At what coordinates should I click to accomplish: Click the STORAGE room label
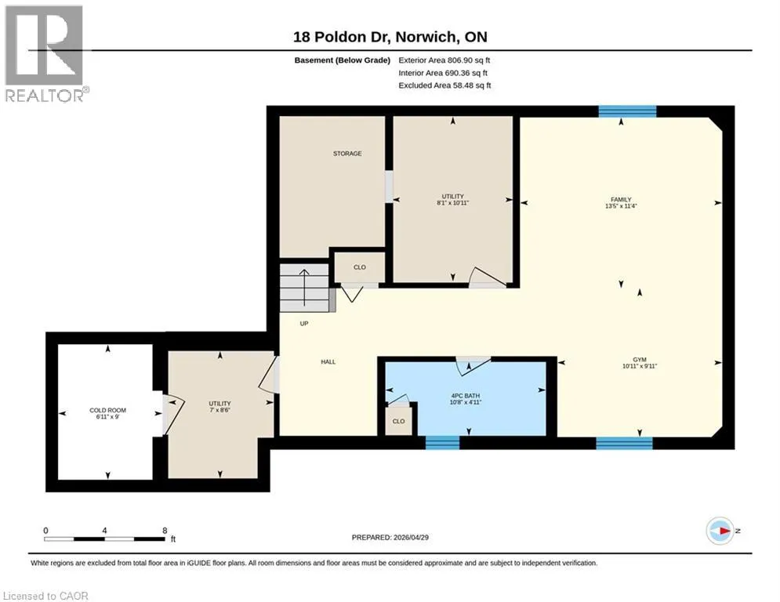coord(347,154)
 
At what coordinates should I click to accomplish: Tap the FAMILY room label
coord(621,200)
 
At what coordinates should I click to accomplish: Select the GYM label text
coord(640,360)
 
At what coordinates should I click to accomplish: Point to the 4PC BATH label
coord(466,396)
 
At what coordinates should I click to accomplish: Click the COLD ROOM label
coord(108,411)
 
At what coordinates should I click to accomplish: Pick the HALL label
coord(328,362)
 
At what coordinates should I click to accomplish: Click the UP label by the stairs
coord(304,324)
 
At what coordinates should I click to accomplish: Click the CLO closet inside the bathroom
coord(399,422)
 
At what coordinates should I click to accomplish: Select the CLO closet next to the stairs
coord(360,267)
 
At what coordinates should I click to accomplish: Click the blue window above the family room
coord(627,111)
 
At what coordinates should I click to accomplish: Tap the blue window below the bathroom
coord(442,442)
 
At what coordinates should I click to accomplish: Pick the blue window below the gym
coord(624,443)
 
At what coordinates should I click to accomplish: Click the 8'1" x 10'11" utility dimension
coord(452,203)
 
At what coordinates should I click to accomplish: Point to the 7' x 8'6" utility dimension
coord(219,410)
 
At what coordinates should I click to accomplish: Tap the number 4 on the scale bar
coord(104,531)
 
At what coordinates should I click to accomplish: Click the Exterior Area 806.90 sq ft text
coord(444,60)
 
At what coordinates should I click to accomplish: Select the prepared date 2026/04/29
coord(411,537)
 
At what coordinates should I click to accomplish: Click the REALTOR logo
coord(45,54)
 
